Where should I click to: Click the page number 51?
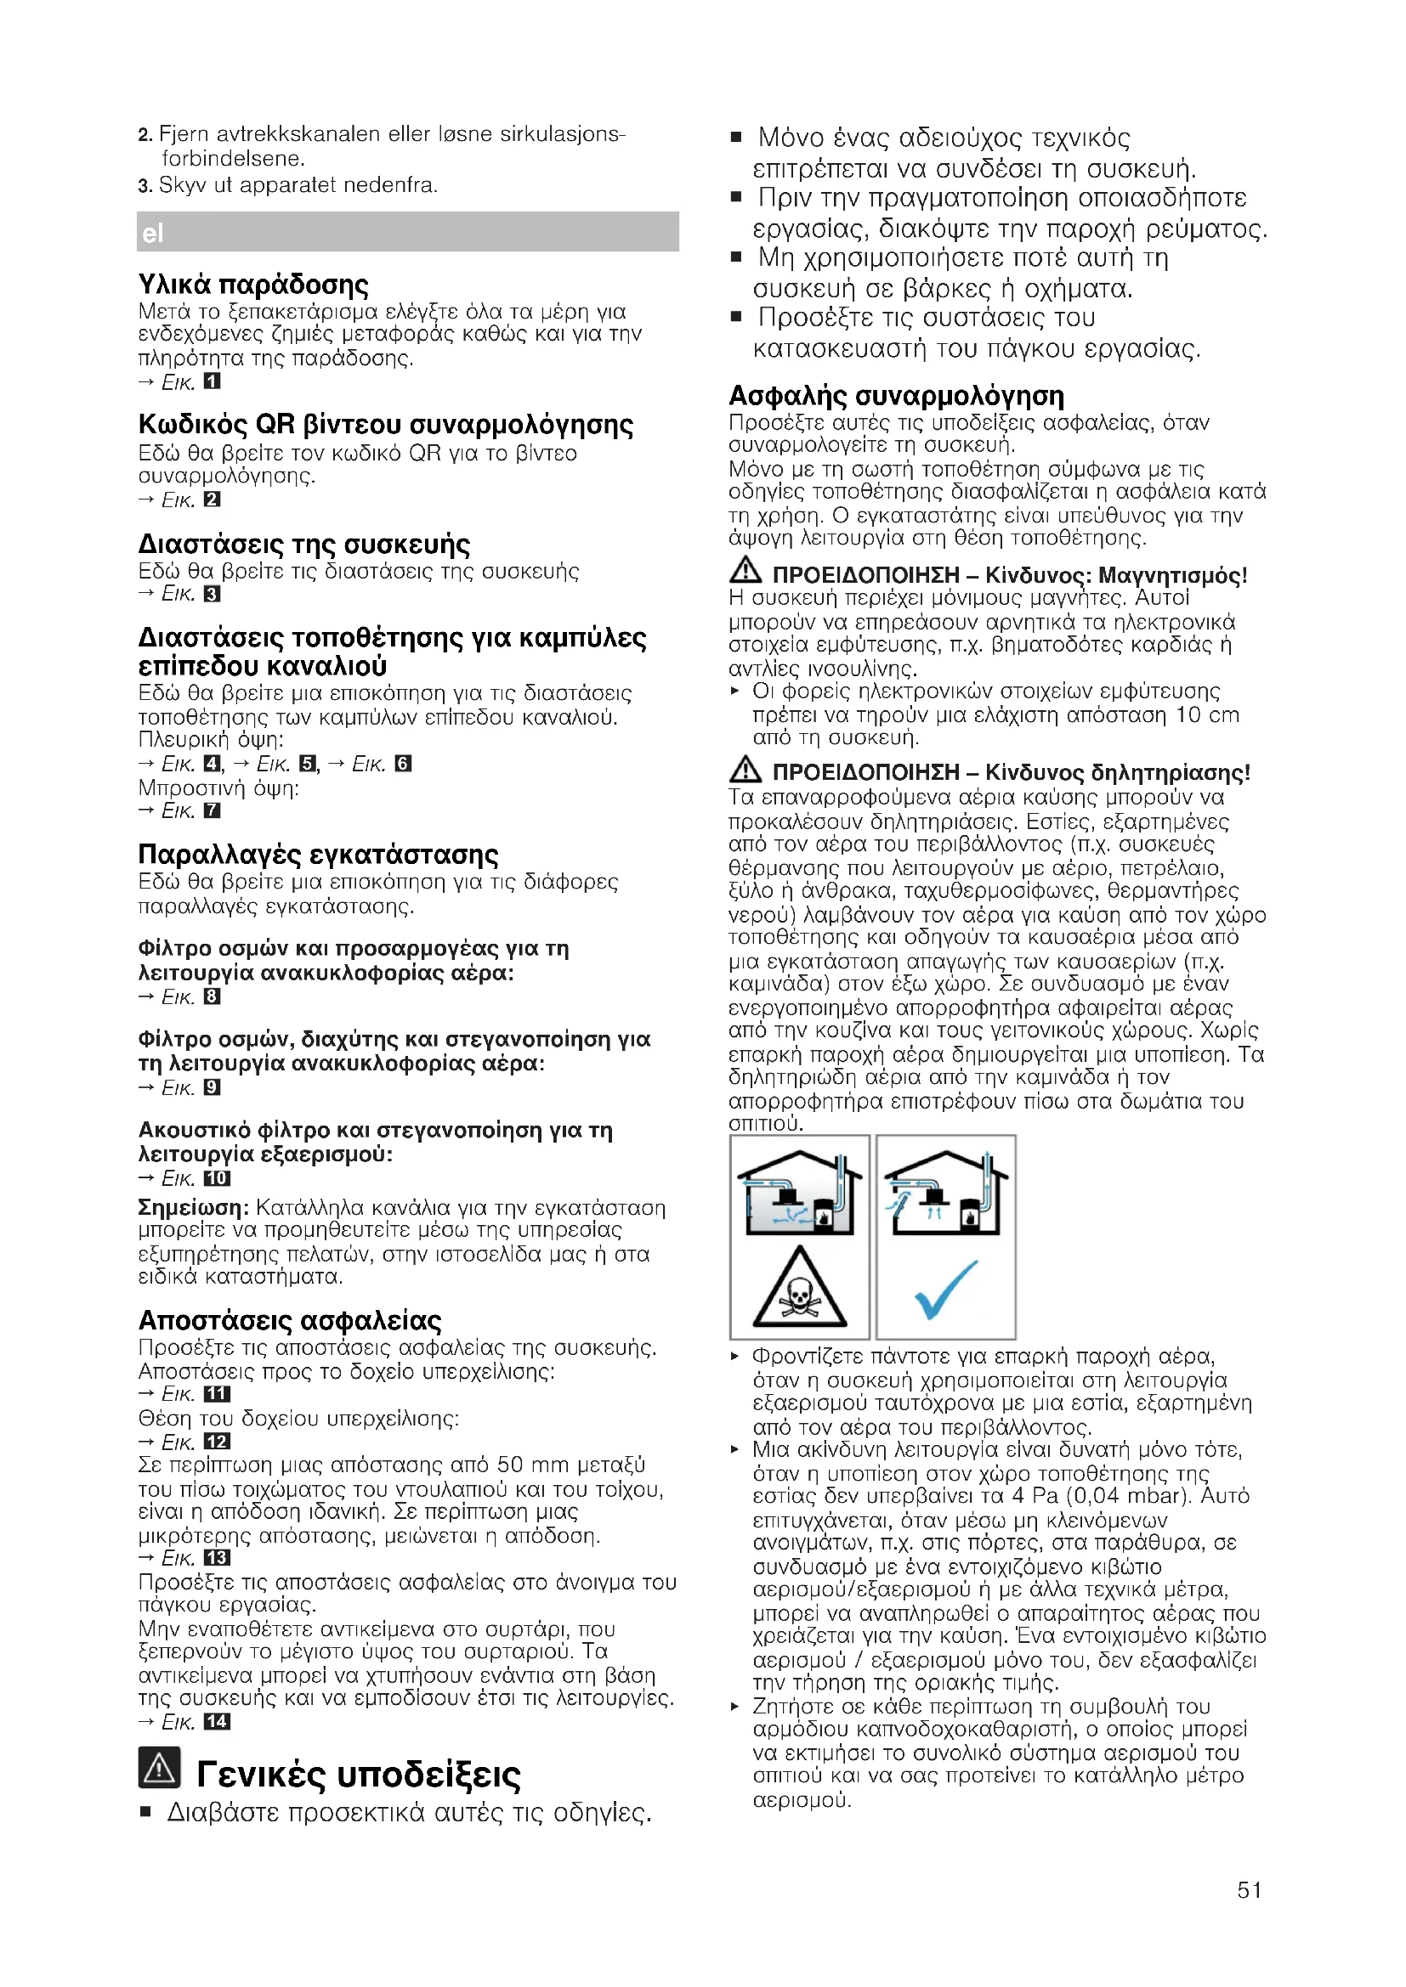click(x=1249, y=1890)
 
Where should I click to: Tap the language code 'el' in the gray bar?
click(x=152, y=233)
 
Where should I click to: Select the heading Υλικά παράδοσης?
click(x=252, y=284)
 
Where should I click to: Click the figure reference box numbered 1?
click(x=213, y=381)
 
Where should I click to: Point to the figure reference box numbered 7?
click(x=213, y=811)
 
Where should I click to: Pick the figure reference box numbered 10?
click(x=217, y=1177)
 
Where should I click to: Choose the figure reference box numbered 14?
click(x=217, y=1722)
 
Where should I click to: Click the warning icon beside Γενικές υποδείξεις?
click(x=159, y=1768)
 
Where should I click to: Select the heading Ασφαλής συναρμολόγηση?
click(x=896, y=396)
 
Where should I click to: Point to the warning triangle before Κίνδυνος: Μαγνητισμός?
click(x=745, y=571)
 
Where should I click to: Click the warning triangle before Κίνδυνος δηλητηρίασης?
click(x=745, y=769)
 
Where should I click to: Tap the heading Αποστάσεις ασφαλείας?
click(x=289, y=1321)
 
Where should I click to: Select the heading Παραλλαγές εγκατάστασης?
click(x=318, y=854)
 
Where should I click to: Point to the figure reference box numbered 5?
click(x=308, y=764)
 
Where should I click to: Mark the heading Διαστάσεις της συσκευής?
click(x=303, y=545)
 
